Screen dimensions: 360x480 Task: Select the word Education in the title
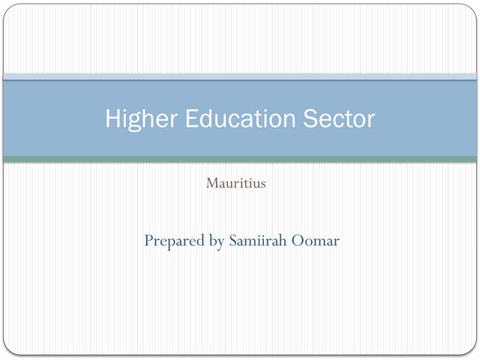(x=236, y=118)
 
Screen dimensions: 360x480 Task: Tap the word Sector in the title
(x=338, y=118)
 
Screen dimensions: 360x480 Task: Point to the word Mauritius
(x=235, y=183)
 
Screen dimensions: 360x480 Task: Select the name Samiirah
(x=256, y=241)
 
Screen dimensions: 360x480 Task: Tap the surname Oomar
(x=315, y=241)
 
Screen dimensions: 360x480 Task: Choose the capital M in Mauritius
(x=211, y=183)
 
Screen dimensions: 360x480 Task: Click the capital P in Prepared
(x=148, y=241)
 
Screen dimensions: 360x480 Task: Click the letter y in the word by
(x=220, y=244)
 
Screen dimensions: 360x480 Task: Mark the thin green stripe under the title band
(x=240, y=159)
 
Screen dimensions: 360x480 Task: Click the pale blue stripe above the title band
(x=240, y=76)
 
